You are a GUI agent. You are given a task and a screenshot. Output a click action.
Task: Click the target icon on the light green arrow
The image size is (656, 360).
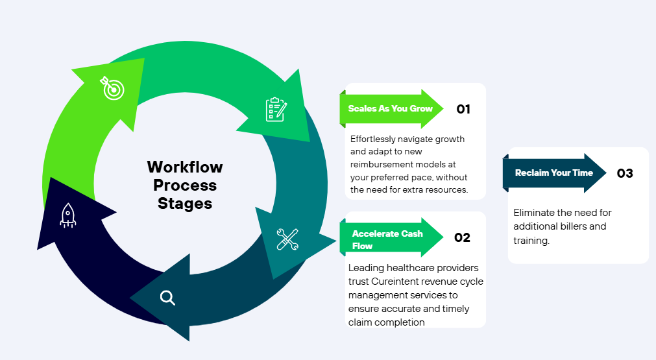(112, 88)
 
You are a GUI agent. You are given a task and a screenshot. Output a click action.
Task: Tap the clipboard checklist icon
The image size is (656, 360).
(276, 109)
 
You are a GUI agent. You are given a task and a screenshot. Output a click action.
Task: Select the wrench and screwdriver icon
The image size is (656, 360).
(287, 239)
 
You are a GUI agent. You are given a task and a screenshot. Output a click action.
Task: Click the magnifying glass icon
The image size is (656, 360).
(167, 298)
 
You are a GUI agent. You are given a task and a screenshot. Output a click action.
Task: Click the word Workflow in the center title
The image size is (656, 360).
(185, 167)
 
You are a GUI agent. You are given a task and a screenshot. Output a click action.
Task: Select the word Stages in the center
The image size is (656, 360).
(185, 204)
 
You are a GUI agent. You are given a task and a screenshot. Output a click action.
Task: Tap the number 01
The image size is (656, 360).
(463, 109)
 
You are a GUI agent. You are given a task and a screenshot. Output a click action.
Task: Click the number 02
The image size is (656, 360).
(462, 237)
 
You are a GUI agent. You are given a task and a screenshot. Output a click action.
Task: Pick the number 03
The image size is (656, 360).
(624, 173)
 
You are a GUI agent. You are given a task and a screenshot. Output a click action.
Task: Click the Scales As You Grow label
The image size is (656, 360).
(390, 108)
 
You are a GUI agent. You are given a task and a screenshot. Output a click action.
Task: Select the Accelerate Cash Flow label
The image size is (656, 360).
(387, 239)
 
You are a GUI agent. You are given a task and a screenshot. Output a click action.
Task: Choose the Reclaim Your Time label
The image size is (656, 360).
(553, 173)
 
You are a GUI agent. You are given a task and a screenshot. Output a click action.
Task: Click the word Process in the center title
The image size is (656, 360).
(185, 186)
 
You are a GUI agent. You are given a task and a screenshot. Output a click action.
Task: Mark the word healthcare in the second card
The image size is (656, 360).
(408, 268)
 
